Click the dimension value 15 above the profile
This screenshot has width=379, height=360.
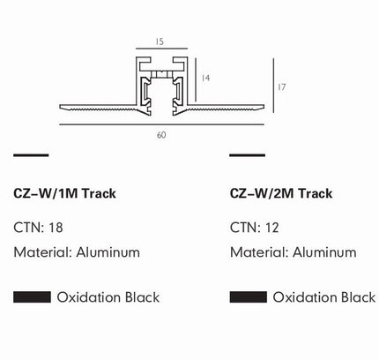point(160,41)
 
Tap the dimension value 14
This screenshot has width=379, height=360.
point(205,78)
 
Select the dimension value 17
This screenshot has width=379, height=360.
point(281,87)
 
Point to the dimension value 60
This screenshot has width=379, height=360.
point(161,135)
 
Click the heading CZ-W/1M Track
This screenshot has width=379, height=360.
point(64,193)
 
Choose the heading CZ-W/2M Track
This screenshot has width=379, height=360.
point(281,193)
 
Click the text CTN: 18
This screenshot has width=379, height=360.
point(38,228)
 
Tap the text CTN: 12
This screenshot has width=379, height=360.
point(255,228)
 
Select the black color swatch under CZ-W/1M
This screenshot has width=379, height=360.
point(32,297)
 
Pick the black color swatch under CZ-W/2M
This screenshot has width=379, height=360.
point(249,297)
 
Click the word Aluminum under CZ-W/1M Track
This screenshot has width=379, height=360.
point(108,252)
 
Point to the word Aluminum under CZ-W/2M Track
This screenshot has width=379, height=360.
point(324,252)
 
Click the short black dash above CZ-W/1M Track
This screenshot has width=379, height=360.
point(31,155)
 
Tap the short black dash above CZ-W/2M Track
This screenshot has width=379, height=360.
point(248,155)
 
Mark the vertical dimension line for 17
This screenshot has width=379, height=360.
point(273,86)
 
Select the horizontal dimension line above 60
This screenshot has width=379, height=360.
point(161,124)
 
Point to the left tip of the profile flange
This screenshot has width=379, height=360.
point(60,106)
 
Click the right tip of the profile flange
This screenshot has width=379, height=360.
point(264,107)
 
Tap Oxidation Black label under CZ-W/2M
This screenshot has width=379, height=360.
point(324,297)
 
